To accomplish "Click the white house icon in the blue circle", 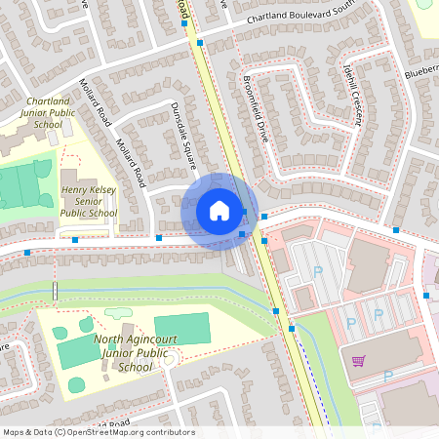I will tap(219, 210).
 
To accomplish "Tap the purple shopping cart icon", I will tap(358, 361).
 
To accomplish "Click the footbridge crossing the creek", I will tap(56, 291).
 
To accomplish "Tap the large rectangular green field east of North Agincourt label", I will tap(181, 329).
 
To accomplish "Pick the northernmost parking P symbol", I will tap(317, 269).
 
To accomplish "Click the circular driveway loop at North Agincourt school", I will tap(167, 361).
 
